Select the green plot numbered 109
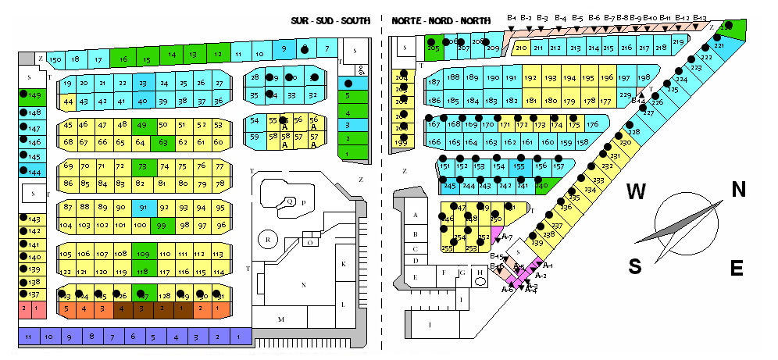pyautogui.click(x=142, y=255)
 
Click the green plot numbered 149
pyautogui.click(x=34, y=95)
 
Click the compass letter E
pyautogui.click(x=735, y=269)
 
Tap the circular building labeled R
pyautogui.click(x=268, y=239)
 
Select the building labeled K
pyautogui.click(x=343, y=265)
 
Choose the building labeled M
pyautogui.click(x=281, y=320)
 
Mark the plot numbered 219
pyautogui.click(x=678, y=42)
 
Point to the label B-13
pyautogui.click(x=699, y=18)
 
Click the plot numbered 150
pyautogui.click(x=55, y=59)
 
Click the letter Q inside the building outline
pyautogui.click(x=290, y=200)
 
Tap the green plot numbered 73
pyautogui.click(x=142, y=166)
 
